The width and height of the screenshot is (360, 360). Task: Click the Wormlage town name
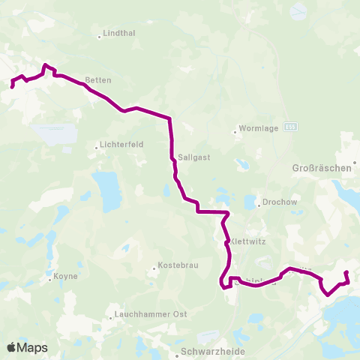point(259,128)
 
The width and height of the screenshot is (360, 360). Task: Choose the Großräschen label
point(320,169)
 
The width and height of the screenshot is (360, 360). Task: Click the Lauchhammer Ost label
point(150,314)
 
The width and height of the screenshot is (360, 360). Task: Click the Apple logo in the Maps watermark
point(12,347)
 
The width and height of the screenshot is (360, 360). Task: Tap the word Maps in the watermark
point(33,348)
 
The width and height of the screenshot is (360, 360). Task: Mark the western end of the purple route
point(13,87)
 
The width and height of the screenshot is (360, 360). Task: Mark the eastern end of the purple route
point(346,272)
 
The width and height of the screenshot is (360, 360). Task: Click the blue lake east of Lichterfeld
point(109,191)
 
